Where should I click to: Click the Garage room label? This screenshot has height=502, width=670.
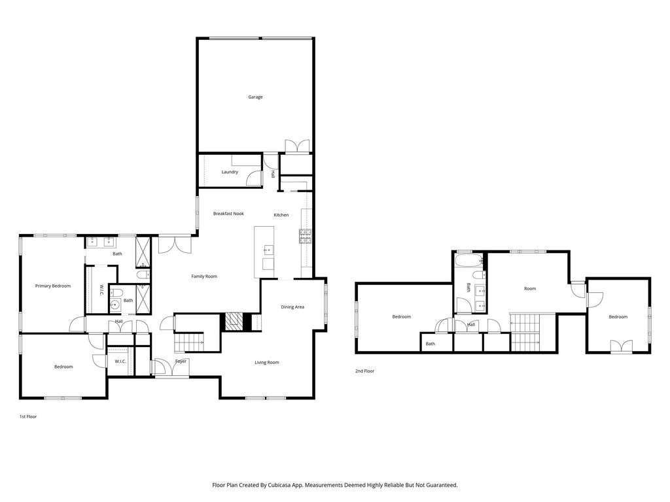[x=256, y=97]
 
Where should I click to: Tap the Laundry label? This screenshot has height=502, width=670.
[x=230, y=172]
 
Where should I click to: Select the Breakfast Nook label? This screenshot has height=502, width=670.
[x=228, y=214]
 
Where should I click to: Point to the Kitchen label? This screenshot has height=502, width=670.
[x=281, y=214]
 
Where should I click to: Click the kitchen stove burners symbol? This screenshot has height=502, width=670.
[x=305, y=236]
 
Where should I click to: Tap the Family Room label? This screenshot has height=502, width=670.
[x=204, y=276]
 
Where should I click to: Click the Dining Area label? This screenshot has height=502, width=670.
[x=292, y=307]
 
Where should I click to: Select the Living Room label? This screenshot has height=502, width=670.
[x=267, y=362]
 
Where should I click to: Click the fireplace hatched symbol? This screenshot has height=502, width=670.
[x=234, y=322]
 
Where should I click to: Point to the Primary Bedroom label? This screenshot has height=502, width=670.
[x=53, y=286]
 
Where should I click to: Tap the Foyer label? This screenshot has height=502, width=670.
[x=181, y=361]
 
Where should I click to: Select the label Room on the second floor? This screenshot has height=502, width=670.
[x=530, y=288]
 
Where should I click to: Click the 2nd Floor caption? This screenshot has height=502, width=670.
[x=364, y=371]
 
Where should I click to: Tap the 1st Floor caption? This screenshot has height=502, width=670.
[x=28, y=416]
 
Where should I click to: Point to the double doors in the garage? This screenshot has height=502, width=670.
[x=297, y=146]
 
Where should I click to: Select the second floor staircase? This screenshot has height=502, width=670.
[x=525, y=333]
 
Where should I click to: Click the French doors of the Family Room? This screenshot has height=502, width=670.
[x=175, y=244]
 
